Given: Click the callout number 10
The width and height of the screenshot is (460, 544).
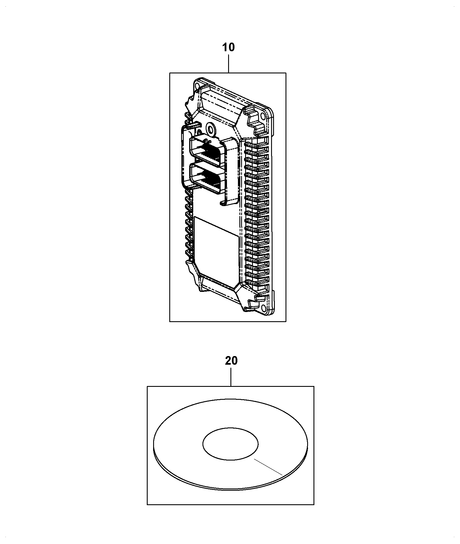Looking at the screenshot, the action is [x=228, y=47].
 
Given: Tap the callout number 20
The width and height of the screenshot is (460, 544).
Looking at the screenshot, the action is [x=231, y=361].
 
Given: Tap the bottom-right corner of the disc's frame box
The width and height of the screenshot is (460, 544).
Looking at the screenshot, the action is [x=314, y=505].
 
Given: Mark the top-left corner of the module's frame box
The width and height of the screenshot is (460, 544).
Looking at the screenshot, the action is [x=170, y=73].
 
